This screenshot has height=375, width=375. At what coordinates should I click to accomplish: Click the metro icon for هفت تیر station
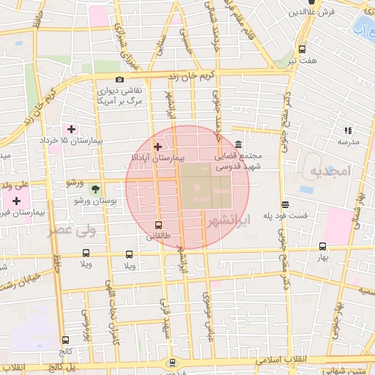(302, 50)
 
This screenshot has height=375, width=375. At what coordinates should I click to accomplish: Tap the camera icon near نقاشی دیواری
(119, 80)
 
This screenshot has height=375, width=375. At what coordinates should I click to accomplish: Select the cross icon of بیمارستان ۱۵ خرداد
(71, 130)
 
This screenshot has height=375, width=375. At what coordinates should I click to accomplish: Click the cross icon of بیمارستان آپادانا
(157, 146)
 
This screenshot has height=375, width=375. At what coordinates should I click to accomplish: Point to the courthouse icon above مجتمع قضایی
(240, 144)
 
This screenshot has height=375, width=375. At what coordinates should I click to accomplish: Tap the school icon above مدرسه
(347, 130)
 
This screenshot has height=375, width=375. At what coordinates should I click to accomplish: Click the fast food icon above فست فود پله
(284, 205)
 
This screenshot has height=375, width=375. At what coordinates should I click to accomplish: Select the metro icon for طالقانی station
(159, 225)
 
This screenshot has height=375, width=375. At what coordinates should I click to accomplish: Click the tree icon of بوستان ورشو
(95, 188)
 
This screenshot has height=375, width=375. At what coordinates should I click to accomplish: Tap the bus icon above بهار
(322, 247)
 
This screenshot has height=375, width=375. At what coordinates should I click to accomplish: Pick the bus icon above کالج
(67, 340)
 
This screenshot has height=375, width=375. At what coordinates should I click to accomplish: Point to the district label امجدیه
(330, 170)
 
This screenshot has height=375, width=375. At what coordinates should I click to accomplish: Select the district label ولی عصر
(72, 231)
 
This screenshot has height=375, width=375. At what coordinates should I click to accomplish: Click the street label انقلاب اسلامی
(288, 361)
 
